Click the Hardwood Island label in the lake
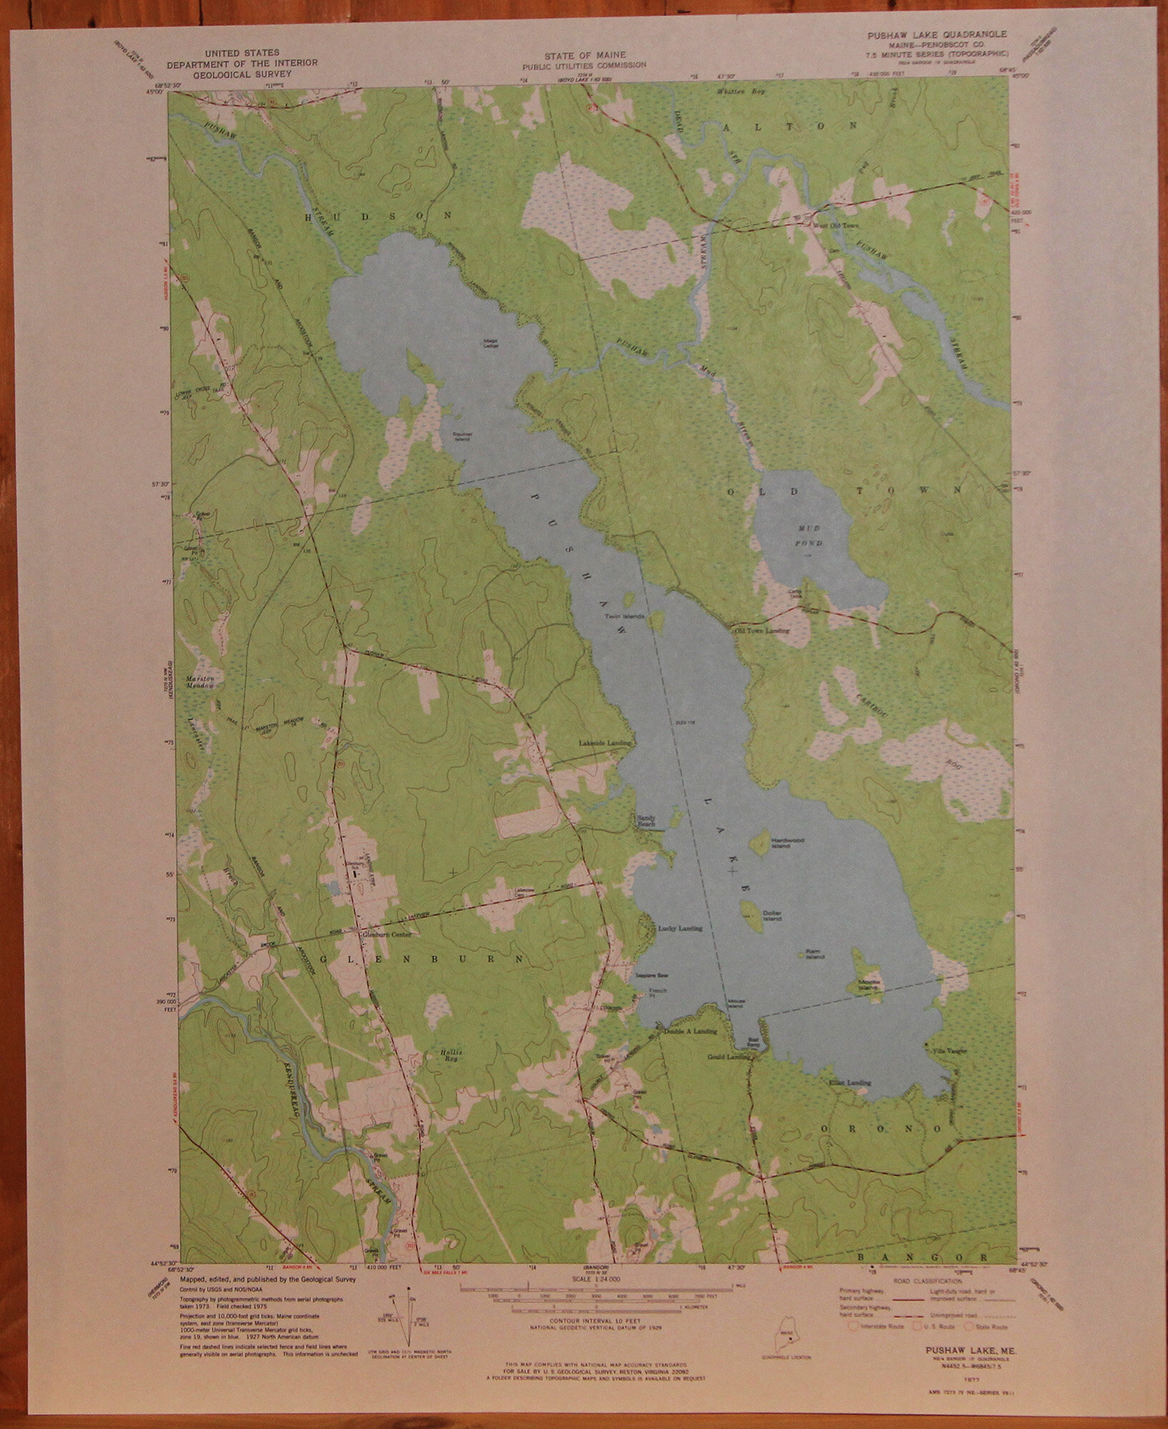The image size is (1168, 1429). click(781, 845)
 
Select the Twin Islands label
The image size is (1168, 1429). click(624, 616)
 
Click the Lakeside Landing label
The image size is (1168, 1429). click(605, 744)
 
